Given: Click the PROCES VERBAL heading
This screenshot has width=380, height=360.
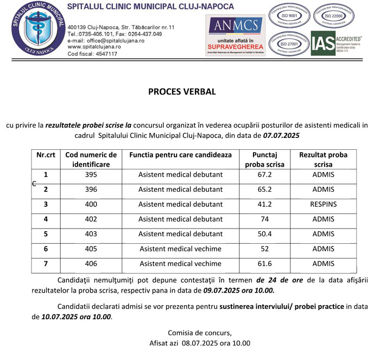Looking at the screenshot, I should coord(182,92).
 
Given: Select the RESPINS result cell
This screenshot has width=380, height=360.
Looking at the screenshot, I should coord(324,204).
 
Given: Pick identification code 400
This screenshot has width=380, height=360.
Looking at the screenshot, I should coord(91,204).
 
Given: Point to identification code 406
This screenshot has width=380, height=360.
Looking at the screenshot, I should coord(91,264).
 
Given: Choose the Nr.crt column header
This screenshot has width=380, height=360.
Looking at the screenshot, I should coord(46,155).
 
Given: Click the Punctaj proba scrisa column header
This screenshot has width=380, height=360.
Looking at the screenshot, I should coord(265,159).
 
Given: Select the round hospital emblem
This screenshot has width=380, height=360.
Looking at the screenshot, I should coord(34,29).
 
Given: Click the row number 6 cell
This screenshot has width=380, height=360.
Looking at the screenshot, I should coord(46,249).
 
